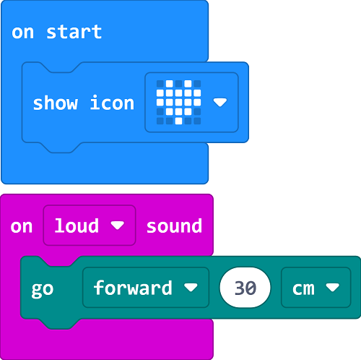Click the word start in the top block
[74, 32]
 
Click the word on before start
[22, 33]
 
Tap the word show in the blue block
[56, 103]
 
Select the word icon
[112, 103]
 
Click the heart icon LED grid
[178, 102]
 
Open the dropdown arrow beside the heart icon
[220, 102]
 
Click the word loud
[77, 226]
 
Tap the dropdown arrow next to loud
[118, 226]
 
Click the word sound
[174, 226]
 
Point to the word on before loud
[22, 227]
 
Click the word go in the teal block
[43, 289]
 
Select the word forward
[133, 288]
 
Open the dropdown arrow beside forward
[191, 288]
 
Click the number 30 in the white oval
[245, 288]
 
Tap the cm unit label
[303, 288]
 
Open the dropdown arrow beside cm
[333, 288]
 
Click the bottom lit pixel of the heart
[178, 121]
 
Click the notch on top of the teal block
[60, 262]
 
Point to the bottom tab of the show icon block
[60, 147]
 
